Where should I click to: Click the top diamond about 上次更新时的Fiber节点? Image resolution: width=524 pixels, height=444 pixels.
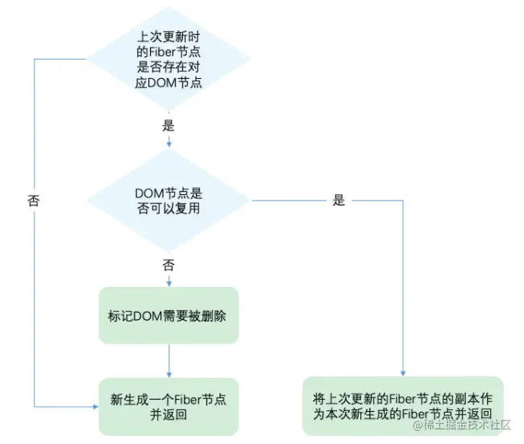click(x=168, y=59)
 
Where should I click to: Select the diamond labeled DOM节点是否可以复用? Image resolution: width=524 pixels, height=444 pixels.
click(x=168, y=201)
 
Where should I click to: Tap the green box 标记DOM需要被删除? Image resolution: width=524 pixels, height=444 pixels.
click(x=168, y=315)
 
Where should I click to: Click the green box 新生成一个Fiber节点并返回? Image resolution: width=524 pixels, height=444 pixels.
click(x=168, y=407)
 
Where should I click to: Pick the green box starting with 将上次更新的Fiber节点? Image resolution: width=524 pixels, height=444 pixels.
click(x=403, y=406)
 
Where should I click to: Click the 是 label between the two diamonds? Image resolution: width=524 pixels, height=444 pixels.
click(x=168, y=126)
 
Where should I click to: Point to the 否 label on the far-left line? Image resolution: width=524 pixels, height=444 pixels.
click(x=34, y=201)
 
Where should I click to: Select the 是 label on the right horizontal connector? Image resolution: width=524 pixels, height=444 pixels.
click(x=339, y=200)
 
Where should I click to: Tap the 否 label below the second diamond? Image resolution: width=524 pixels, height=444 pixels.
click(x=168, y=265)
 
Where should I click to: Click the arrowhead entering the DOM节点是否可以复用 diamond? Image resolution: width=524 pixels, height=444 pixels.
click(x=168, y=144)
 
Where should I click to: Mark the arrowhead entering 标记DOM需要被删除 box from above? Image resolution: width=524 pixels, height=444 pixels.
click(x=168, y=284)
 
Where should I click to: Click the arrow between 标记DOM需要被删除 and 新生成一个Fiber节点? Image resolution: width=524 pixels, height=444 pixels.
click(x=168, y=361)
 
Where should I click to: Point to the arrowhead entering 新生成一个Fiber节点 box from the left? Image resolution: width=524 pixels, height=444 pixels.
click(x=96, y=407)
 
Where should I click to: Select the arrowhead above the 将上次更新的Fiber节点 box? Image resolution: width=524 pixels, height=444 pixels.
click(x=403, y=373)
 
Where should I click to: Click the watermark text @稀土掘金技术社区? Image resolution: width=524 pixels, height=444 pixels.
click(x=462, y=425)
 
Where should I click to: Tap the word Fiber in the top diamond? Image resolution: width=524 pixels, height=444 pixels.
click(x=162, y=52)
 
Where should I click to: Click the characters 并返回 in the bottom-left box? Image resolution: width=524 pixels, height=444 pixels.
click(x=168, y=415)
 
